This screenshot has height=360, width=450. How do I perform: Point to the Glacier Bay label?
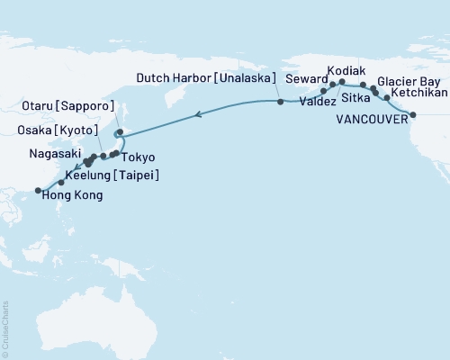point(407,79)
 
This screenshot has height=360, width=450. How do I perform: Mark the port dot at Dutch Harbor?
point(281,102)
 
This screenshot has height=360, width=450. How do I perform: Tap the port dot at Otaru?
point(119,131)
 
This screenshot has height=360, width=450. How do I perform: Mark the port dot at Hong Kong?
point(37,190)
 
